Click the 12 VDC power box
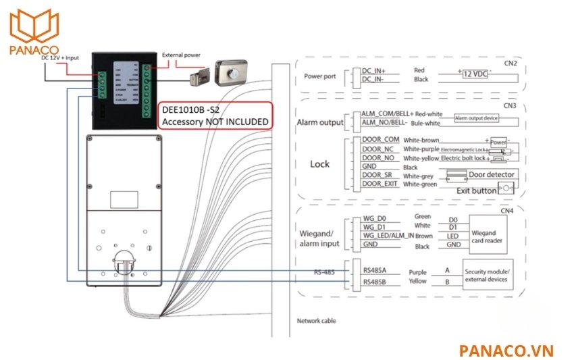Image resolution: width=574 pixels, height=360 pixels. [476, 73]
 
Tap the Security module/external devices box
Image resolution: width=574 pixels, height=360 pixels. [487, 275]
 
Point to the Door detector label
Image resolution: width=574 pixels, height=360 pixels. [492, 175]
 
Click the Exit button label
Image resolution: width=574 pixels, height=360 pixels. [476, 191]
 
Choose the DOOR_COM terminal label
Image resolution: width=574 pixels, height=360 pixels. [380, 140]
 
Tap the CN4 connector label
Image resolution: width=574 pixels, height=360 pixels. [507, 211]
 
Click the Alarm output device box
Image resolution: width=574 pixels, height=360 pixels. [476, 118]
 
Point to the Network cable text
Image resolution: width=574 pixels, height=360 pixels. [316, 321]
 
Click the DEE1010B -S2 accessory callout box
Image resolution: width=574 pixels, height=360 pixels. [215, 115]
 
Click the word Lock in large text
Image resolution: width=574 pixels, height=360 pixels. [319, 164]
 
